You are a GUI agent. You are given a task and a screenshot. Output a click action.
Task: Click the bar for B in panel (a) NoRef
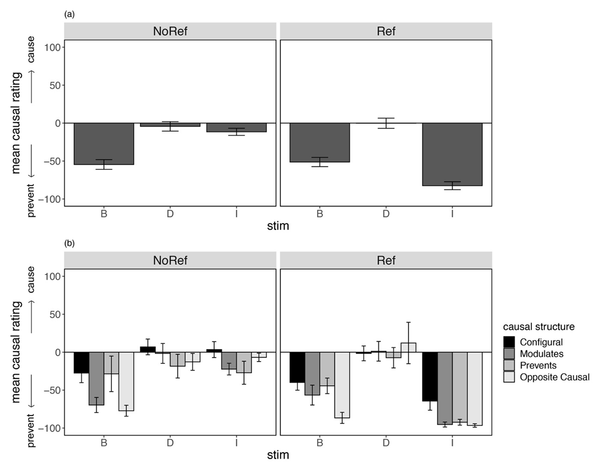(x=104, y=144)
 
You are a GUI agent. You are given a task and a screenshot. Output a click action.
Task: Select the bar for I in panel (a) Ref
(x=453, y=154)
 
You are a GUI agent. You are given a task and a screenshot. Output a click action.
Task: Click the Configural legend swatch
(x=510, y=342)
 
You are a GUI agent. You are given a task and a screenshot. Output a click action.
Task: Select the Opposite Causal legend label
(x=555, y=377)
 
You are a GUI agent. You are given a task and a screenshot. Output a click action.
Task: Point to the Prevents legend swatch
(x=510, y=366)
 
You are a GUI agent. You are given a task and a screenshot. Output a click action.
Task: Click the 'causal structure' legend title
(x=539, y=327)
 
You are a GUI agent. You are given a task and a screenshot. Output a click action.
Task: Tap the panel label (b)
(x=69, y=244)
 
